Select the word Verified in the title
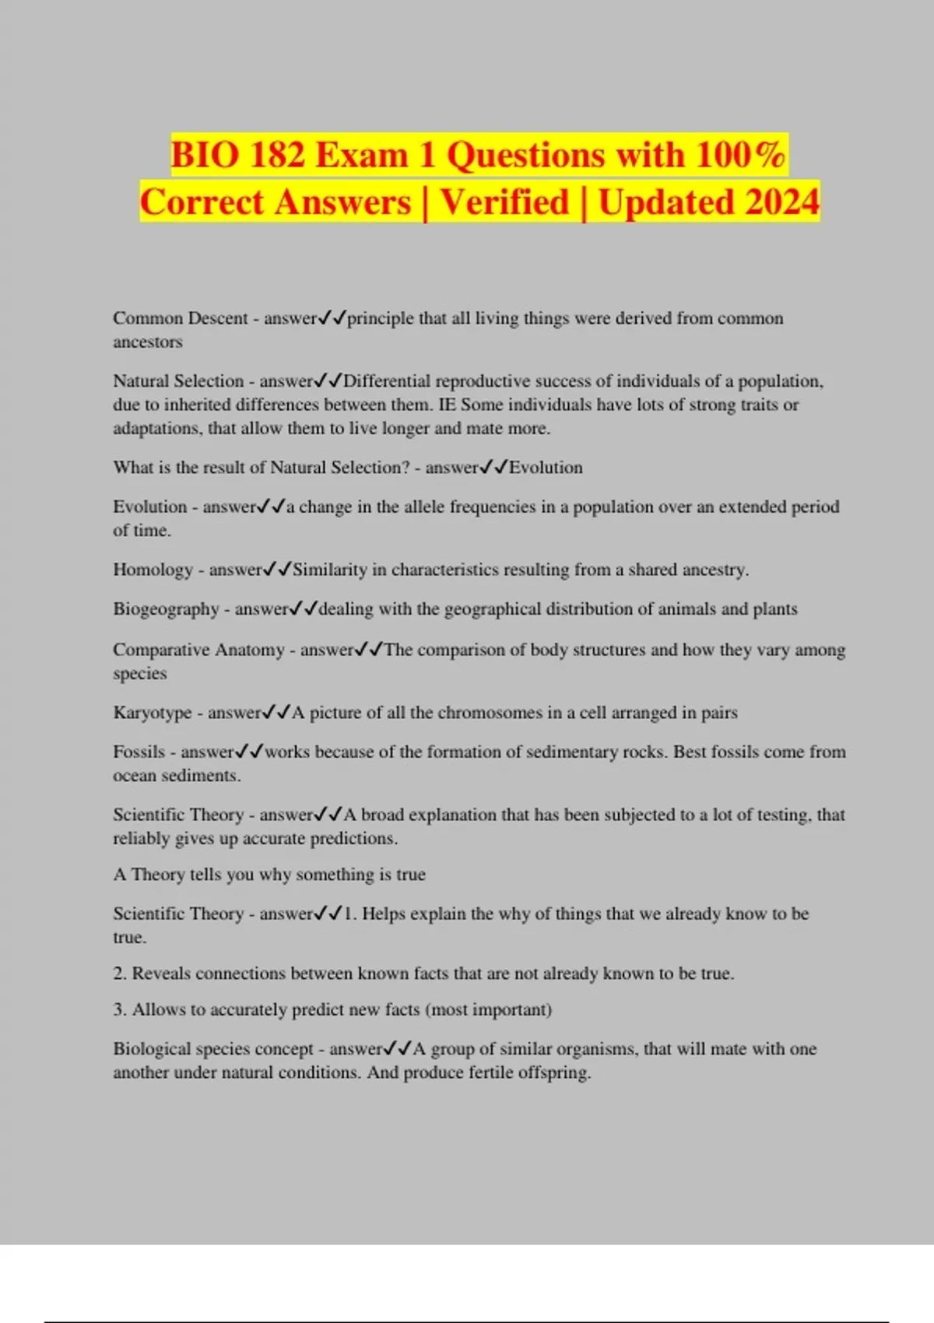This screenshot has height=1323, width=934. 504,202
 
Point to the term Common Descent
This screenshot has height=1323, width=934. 180,318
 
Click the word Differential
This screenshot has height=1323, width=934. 386,381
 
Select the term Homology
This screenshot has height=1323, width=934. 153,570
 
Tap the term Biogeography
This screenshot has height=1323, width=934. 166,609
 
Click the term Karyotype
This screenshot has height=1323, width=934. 152,713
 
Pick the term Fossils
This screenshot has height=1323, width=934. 139,752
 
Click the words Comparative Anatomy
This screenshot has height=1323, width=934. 198,650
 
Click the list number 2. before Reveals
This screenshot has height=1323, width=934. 120,974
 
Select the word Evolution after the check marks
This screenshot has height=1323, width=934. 546,468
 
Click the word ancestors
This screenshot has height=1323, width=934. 148,342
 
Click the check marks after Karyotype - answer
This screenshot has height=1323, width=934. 276,713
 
